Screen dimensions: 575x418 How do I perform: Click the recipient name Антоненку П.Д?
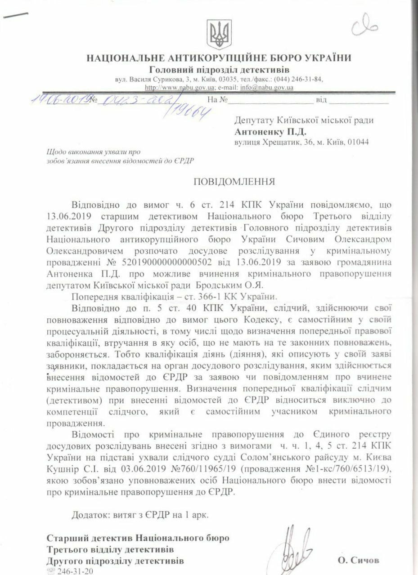click(x=270, y=132)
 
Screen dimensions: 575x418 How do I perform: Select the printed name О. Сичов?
click(x=359, y=560)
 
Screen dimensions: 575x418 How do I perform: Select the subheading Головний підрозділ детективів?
click(x=219, y=69)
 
